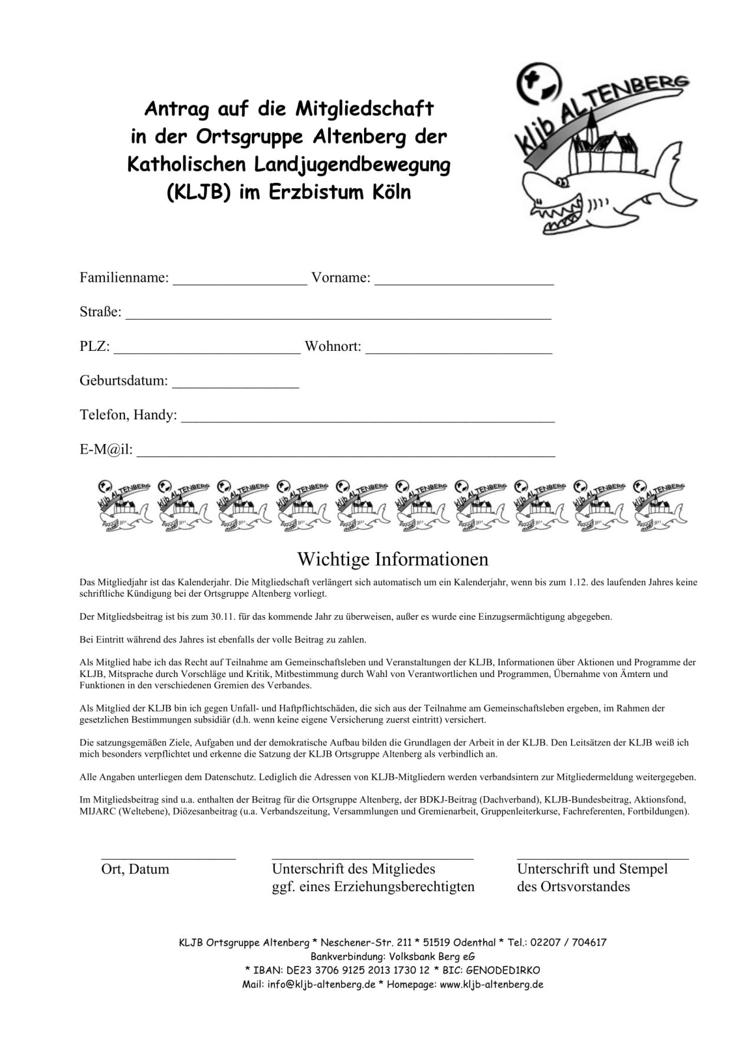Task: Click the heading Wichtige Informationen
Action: (393, 559)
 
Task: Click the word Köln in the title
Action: (388, 193)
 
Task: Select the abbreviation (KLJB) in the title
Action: (198, 193)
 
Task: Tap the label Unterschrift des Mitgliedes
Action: (353, 869)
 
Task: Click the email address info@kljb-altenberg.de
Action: (322, 984)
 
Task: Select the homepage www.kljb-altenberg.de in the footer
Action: (491, 984)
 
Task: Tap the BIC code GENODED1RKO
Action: (506, 970)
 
